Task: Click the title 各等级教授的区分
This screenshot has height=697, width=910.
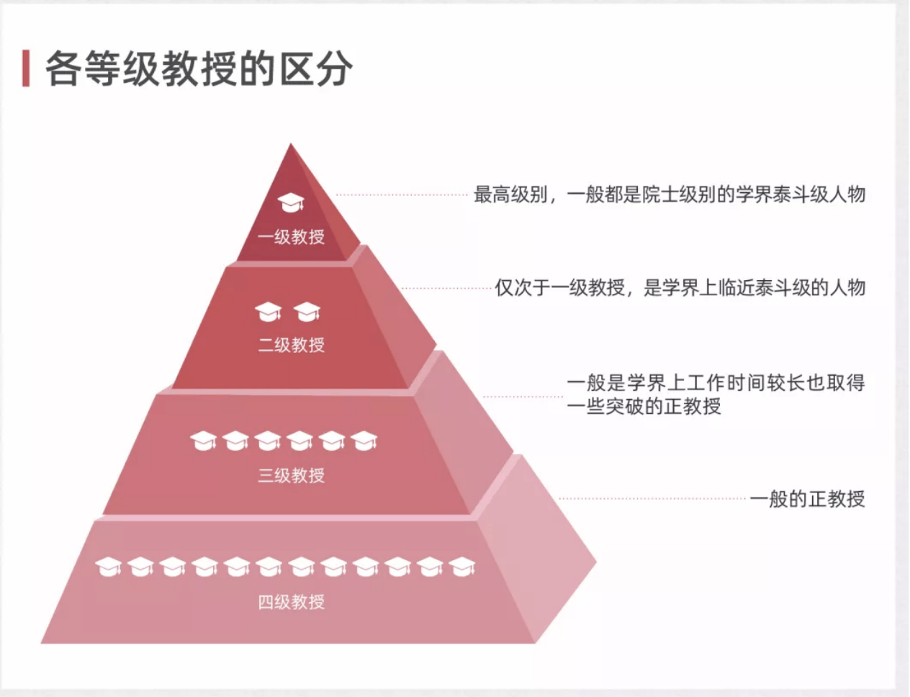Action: coord(199,69)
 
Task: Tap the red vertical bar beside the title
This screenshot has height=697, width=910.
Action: coord(26,69)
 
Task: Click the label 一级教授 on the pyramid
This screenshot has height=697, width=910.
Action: coord(291,237)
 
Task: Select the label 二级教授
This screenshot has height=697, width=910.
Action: coord(291,345)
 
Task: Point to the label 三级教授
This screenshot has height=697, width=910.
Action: coord(291,475)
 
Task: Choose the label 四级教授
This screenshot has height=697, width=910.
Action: coord(291,602)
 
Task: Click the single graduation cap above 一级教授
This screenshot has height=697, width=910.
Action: coord(291,203)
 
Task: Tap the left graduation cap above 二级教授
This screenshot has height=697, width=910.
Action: coord(268,312)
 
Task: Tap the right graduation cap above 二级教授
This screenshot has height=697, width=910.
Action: coord(307,312)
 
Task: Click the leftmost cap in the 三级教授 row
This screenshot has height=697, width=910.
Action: coord(204,441)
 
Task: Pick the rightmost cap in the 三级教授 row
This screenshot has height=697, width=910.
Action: coord(364,440)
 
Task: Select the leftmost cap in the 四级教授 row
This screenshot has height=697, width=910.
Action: coord(109,567)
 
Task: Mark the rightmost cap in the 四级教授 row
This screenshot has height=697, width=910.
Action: coord(462,567)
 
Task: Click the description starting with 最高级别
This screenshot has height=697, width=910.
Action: coord(669,194)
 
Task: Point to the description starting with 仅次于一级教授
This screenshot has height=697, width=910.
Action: coord(680,288)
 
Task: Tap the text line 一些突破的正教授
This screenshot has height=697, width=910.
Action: coord(644,407)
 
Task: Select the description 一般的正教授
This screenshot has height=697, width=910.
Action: coord(807,498)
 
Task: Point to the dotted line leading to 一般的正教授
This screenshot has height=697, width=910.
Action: coord(652,498)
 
